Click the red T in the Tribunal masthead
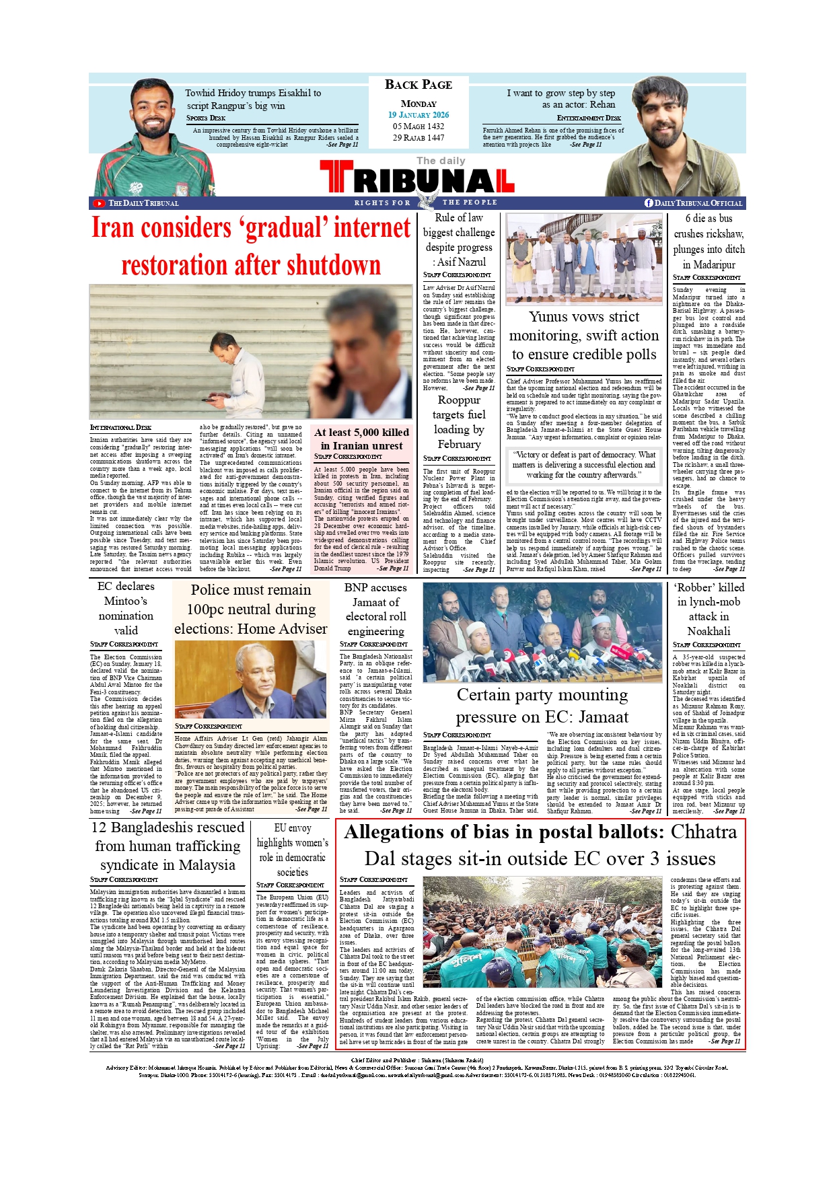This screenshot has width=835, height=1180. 336,176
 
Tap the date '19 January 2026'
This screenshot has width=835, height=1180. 418,115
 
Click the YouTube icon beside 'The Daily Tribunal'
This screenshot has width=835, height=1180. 99,203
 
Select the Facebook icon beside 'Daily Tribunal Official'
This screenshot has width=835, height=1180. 649,203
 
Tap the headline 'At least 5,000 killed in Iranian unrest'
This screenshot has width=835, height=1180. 361,439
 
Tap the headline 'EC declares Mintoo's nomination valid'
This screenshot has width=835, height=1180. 126,608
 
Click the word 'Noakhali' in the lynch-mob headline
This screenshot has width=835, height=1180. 709,631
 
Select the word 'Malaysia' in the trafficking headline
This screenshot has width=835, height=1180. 205,864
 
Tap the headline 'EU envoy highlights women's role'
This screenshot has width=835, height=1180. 292,850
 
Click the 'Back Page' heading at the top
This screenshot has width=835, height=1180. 418,85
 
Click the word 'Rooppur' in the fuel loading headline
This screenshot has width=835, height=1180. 459,400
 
